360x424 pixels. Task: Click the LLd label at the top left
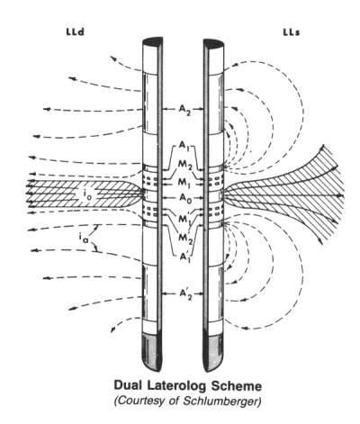(x=75, y=32)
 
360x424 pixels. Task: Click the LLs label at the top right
(x=292, y=32)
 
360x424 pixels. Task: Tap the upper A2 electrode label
(x=184, y=110)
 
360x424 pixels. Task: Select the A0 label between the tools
(x=185, y=198)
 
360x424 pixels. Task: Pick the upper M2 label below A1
(x=185, y=165)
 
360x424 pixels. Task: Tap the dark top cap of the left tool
(x=153, y=42)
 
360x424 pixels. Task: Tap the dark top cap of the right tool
(x=213, y=44)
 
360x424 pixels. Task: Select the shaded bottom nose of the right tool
(x=214, y=354)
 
